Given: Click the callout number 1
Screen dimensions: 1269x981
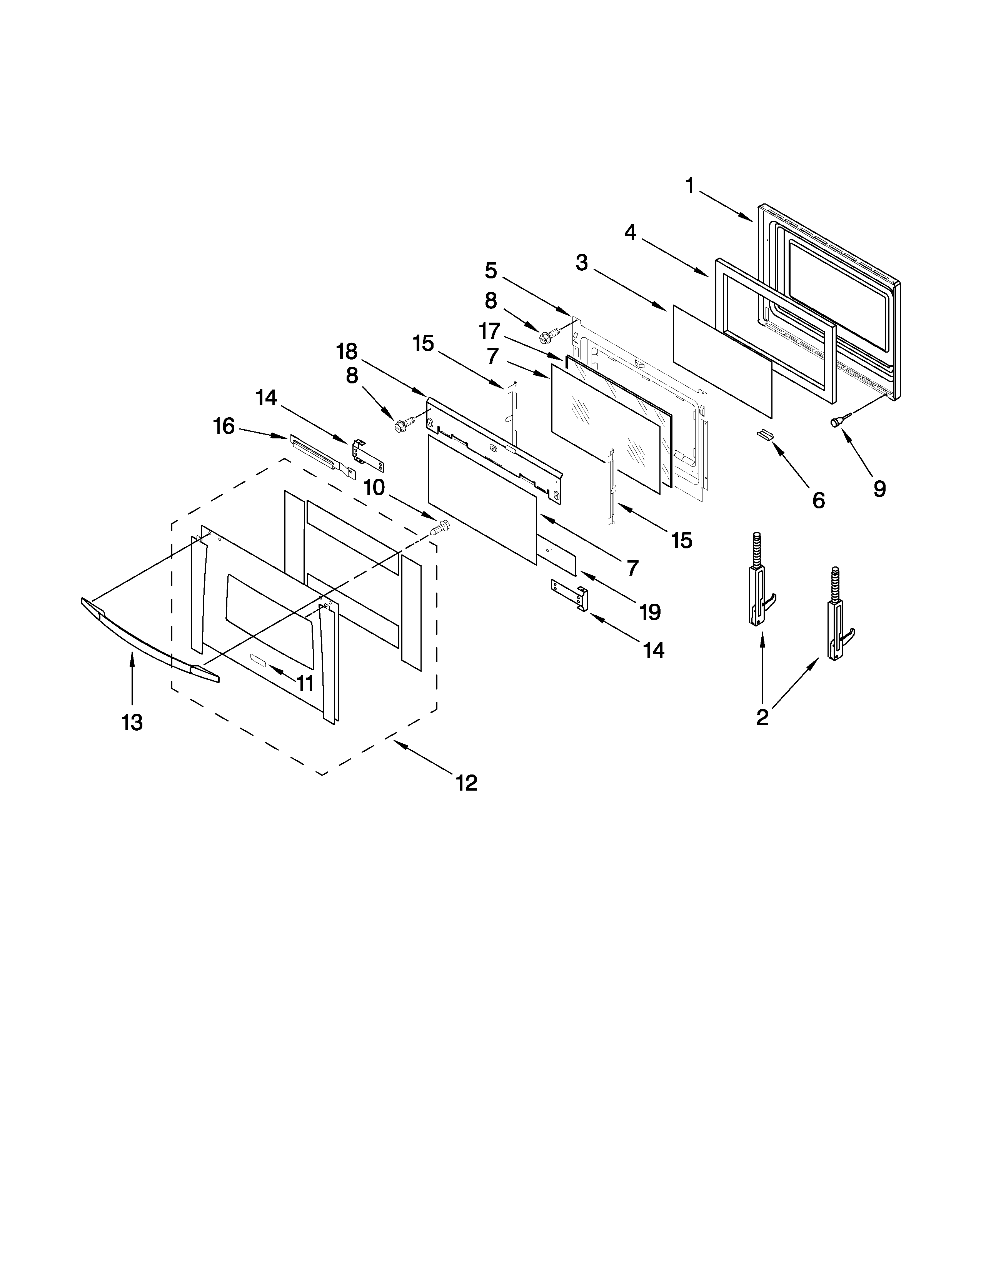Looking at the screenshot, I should (690, 186).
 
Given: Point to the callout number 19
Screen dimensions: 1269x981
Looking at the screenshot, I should (650, 611).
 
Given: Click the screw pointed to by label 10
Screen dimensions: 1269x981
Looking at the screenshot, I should (440, 528).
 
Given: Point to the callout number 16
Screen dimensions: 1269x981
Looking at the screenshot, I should (224, 426).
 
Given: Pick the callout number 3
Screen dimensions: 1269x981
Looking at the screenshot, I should (582, 263).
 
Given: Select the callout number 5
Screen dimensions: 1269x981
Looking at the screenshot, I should (491, 270).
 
